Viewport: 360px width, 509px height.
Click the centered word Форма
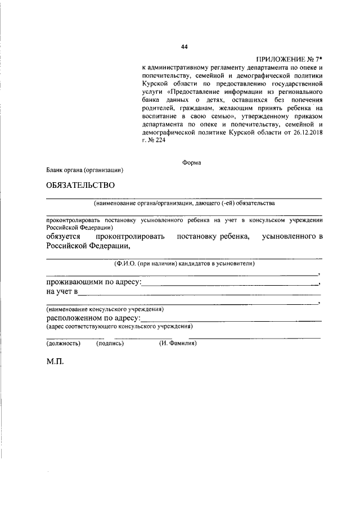pyautogui.click(x=192, y=162)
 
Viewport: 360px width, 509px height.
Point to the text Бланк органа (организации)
pyautogui.click(x=85, y=170)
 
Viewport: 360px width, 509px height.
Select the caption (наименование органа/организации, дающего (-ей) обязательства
pyautogui.click(x=184, y=202)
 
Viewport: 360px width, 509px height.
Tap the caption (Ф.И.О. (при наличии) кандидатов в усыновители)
pyautogui.click(x=184, y=263)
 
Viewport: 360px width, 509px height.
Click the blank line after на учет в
pyautogui.click(x=200, y=294)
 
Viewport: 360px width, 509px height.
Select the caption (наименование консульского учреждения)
pyautogui.click(x=105, y=309)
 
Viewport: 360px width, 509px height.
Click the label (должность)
pyautogui.click(x=63, y=343)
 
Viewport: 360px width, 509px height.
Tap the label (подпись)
pyautogui.click(x=110, y=343)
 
